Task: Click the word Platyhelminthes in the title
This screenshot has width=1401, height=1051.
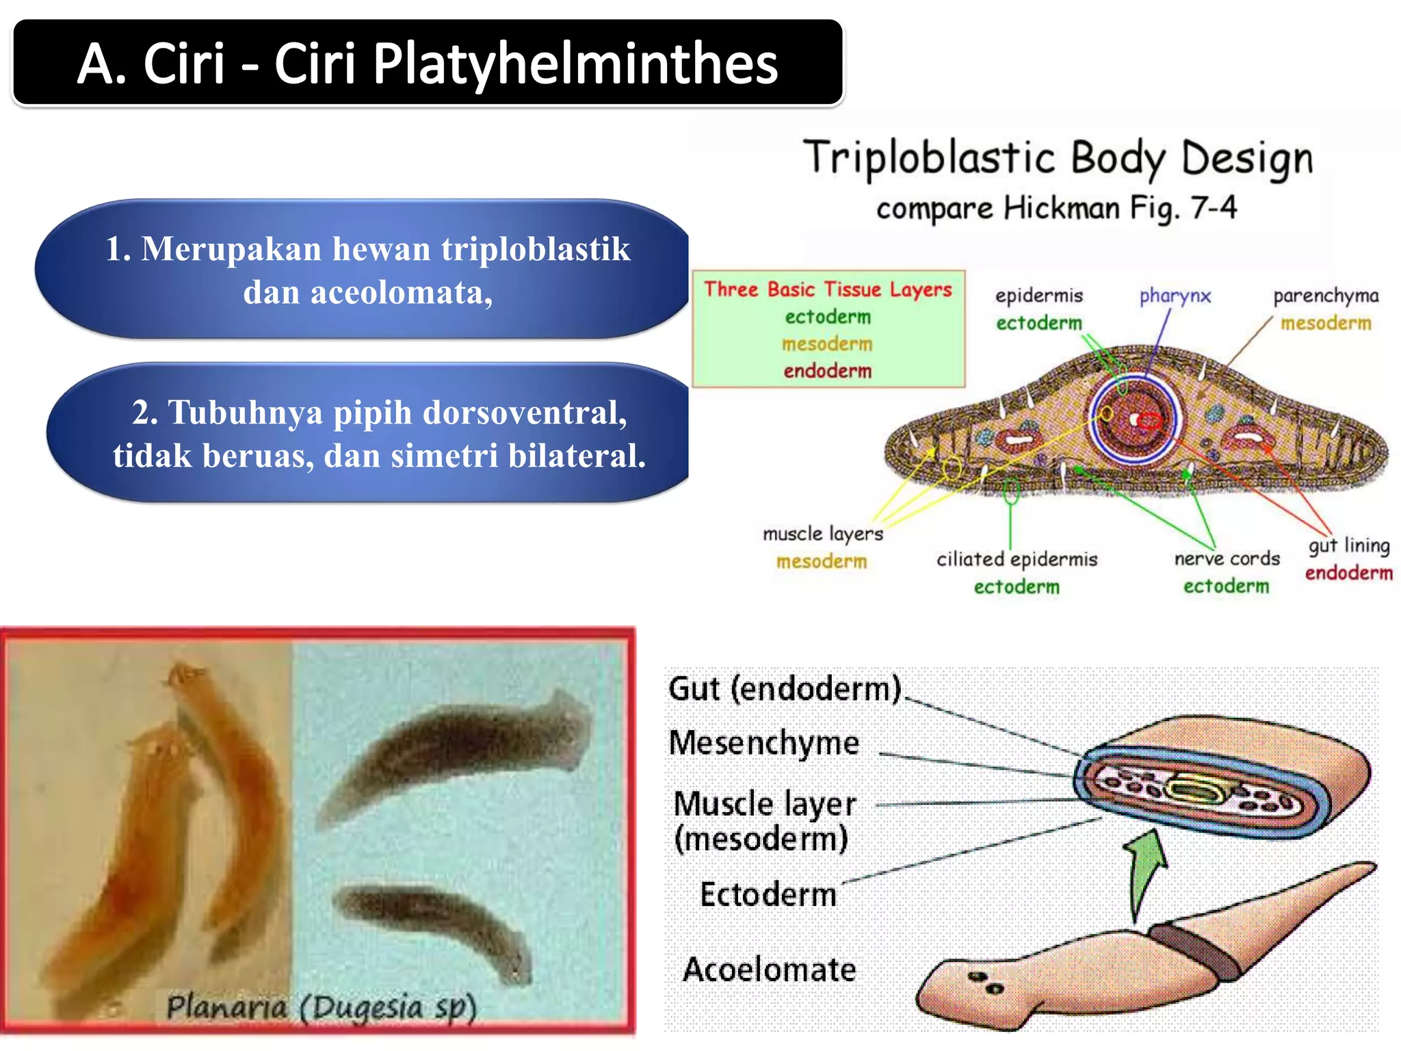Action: coord(575,64)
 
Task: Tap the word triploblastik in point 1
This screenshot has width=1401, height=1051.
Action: coord(536,248)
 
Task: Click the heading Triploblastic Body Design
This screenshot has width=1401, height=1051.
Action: coord(1058,158)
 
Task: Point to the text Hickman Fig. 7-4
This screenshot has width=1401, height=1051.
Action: coord(1120,207)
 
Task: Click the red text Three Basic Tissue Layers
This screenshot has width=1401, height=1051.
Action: coord(828,289)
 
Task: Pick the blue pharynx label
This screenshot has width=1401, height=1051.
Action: coord(1175,296)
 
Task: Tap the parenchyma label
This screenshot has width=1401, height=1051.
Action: coord(1325,296)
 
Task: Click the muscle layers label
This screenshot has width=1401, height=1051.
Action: coord(822,534)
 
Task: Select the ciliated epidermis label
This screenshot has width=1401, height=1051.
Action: coord(1017,559)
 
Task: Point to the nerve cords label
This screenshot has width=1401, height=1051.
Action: coord(1227,558)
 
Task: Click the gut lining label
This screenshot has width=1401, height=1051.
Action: coord(1349,545)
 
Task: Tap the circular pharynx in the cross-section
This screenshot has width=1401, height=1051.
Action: coord(1136,419)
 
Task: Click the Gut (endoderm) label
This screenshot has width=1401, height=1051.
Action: coord(785,688)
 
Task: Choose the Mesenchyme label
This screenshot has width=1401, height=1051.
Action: coord(764,743)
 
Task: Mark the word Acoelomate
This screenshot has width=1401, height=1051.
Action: coord(770,970)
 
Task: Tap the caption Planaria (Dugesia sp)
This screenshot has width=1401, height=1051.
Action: coord(322,1007)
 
